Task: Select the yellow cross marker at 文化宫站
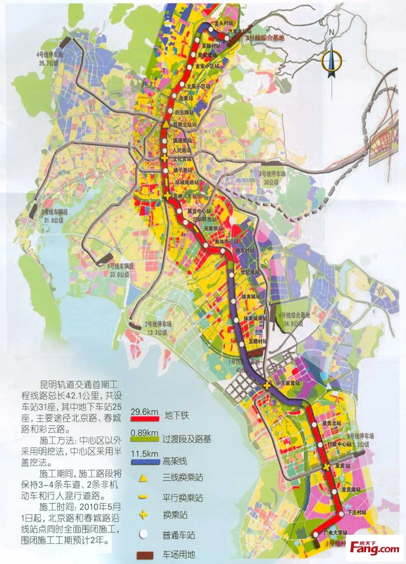pos(164,158)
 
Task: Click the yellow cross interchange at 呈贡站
pos(327,468)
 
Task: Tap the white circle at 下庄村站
pos(340,514)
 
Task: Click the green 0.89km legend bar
pos(145,439)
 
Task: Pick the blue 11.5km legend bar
pos(145,462)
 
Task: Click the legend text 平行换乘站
pos(182,498)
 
